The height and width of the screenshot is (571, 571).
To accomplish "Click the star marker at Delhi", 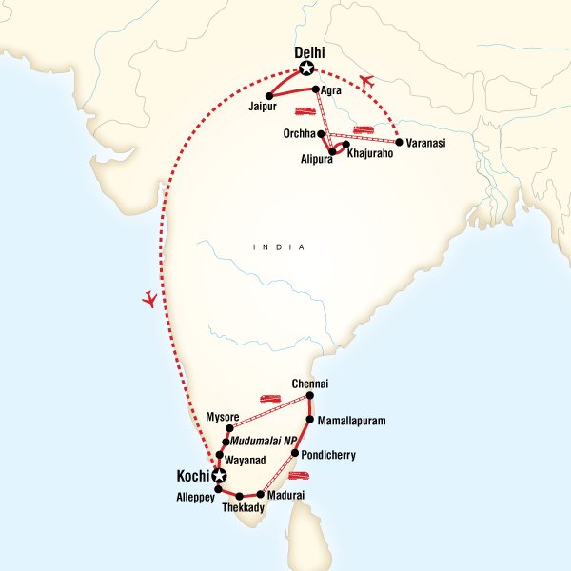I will tap(306, 68).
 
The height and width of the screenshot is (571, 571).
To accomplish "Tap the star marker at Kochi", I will tap(220, 476).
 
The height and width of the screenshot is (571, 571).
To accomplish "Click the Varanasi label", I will tap(426, 143).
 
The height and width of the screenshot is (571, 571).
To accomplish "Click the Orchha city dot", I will tap(321, 134).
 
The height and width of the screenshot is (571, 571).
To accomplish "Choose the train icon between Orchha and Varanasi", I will tap(363, 130).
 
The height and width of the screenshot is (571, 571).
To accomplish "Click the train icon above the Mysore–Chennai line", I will tap(269, 400).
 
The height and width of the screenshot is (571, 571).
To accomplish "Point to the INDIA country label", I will tap(279, 247).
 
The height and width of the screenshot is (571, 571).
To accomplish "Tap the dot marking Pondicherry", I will tap(295, 454).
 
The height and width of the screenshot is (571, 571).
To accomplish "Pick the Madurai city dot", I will tap(260, 494).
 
